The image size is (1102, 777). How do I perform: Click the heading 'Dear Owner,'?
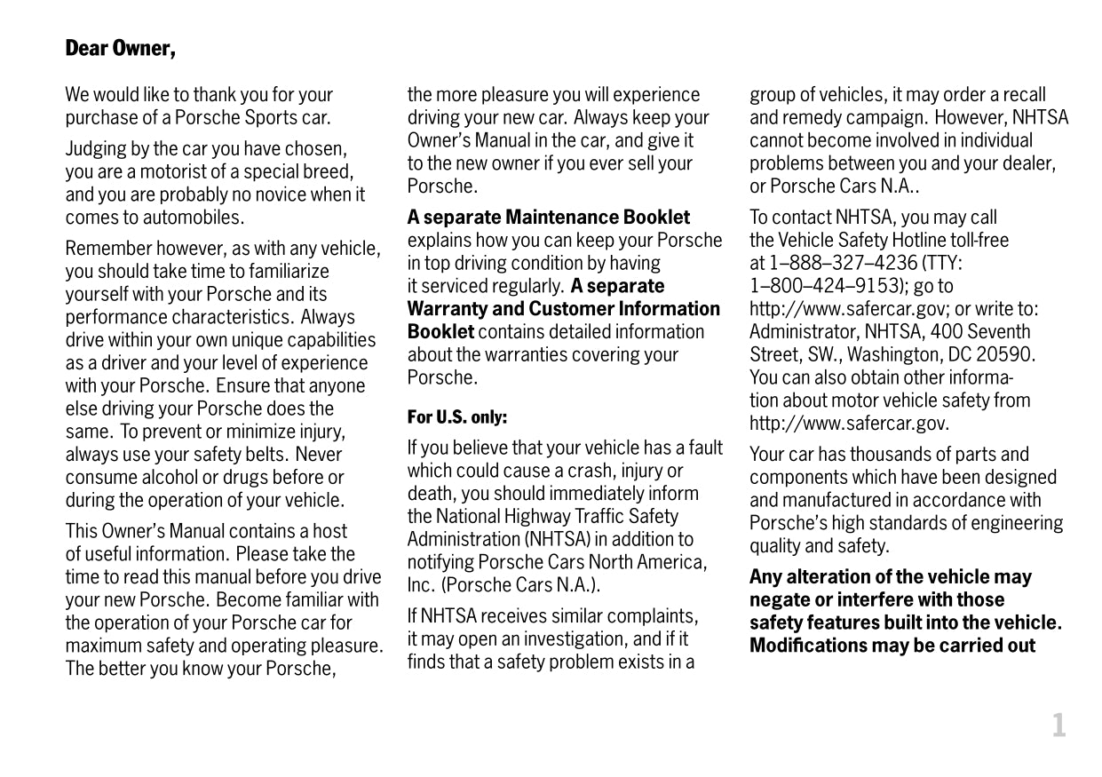(121, 48)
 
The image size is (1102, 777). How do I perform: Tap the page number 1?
(1058, 726)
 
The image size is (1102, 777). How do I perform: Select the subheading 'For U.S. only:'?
(457, 416)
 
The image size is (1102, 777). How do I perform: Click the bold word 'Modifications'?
(807, 646)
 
